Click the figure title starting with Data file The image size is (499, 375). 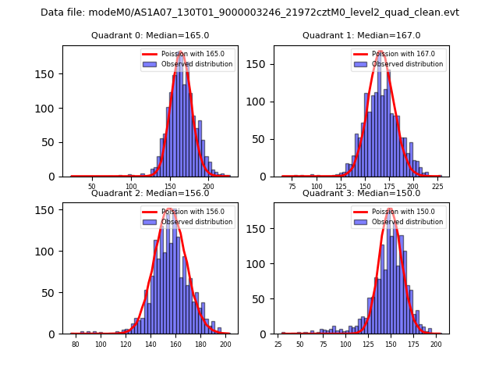pyautogui.click(x=249, y=12)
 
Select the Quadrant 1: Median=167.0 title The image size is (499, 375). pyautogui.click(x=361, y=35)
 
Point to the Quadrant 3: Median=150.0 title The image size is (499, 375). pyautogui.click(x=361, y=193)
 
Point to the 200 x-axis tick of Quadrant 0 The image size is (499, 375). pyautogui.click(x=208, y=187)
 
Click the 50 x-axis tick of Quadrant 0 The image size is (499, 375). pyautogui.click(x=92, y=187)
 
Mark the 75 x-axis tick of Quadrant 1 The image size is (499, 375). pyautogui.click(x=292, y=187)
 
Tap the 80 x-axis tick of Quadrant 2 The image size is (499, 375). pyautogui.click(x=76, y=344)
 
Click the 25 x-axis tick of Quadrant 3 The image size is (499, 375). pyautogui.click(x=278, y=344)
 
